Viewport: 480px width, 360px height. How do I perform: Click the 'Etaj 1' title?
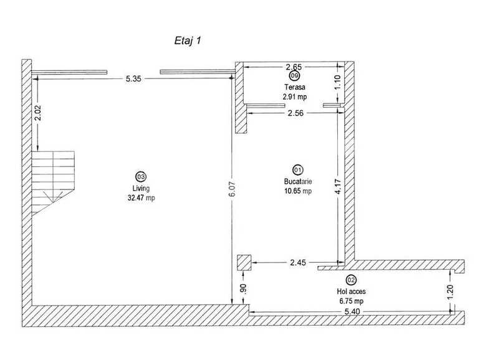point(188,40)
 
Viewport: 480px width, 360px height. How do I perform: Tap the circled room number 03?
point(141,177)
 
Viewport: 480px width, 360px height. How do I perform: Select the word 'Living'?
point(141,188)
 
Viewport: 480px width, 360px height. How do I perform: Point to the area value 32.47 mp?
point(141,198)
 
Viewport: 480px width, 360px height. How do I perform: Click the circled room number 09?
point(294,75)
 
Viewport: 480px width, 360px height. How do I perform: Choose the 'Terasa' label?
point(294,87)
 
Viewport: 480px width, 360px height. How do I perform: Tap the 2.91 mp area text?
point(294,97)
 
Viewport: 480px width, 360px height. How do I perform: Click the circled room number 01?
point(298,169)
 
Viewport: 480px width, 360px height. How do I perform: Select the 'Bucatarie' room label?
point(298,181)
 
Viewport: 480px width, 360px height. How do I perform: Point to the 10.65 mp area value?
point(298,191)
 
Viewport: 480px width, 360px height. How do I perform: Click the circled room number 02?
point(351,280)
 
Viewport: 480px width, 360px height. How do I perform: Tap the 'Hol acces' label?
point(351,291)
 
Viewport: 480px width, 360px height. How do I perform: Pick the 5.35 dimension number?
point(133,79)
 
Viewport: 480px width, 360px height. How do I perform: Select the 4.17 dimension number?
point(338,187)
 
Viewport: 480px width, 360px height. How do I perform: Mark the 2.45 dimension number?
point(298,263)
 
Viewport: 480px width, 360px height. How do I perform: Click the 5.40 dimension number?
point(352,311)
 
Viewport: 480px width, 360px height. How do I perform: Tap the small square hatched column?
point(244,263)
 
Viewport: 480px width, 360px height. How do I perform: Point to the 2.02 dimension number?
point(37,113)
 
